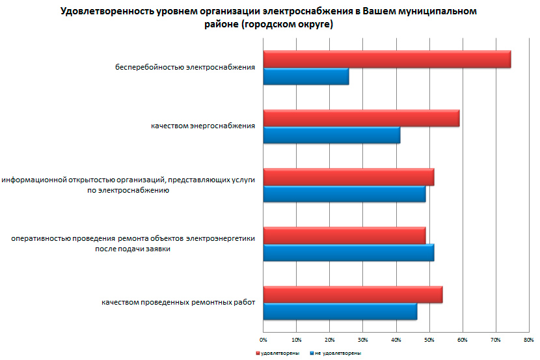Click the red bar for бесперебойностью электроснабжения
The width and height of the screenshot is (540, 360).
click(387, 59)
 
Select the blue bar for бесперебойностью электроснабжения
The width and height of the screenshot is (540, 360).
click(306, 76)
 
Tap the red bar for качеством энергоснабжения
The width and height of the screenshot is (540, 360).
click(361, 118)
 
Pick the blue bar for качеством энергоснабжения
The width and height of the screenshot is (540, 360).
click(332, 135)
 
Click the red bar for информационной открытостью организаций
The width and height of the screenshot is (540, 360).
click(349, 177)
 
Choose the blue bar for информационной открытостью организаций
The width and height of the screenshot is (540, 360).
click(344, 194)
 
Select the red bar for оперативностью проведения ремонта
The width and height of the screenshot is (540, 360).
click(344, 236)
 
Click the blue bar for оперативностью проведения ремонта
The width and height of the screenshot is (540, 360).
click(349, 253)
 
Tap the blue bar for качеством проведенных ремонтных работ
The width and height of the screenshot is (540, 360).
click(340, 312)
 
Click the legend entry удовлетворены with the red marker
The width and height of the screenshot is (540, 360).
click(277, 353)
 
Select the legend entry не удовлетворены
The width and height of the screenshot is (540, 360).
click(336, 353)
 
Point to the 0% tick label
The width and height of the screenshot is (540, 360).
click(263, 340)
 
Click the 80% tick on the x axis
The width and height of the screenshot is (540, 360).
click(529, 340)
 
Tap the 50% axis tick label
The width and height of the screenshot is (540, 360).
click(429, 340)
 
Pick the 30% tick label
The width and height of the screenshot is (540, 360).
click(363, 340)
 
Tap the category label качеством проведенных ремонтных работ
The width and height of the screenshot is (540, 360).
click(178, 303)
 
